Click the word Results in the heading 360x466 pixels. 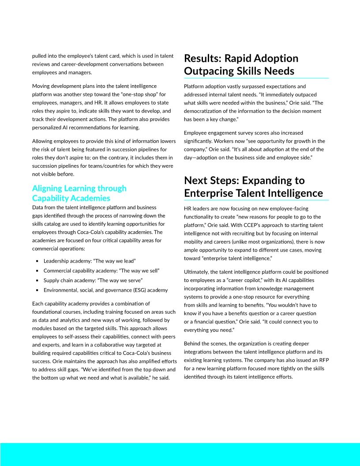[x=203, y=58]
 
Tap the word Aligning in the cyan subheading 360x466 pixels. [x=49, y=188]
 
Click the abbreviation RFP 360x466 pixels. [x=322, y=360]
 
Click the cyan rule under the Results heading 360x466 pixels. [x=256, y=79]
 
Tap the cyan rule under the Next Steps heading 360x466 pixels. [x=256, y=200]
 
